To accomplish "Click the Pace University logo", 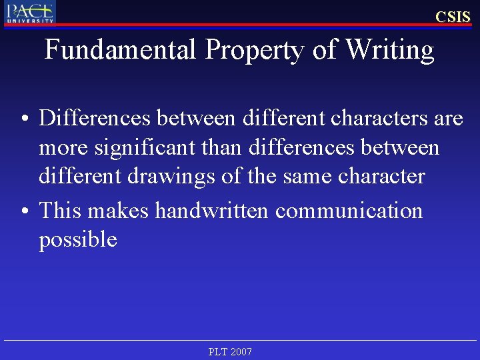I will tap(30, 12).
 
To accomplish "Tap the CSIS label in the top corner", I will tap(453, 17).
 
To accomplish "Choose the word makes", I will tap(119, 211).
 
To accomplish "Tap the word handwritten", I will tap(212, 211).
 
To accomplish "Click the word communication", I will tap(349, 211).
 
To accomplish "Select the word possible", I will tap(78, 239).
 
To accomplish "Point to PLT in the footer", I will tap(217, 351).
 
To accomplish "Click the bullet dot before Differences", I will tap(23, 119).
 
